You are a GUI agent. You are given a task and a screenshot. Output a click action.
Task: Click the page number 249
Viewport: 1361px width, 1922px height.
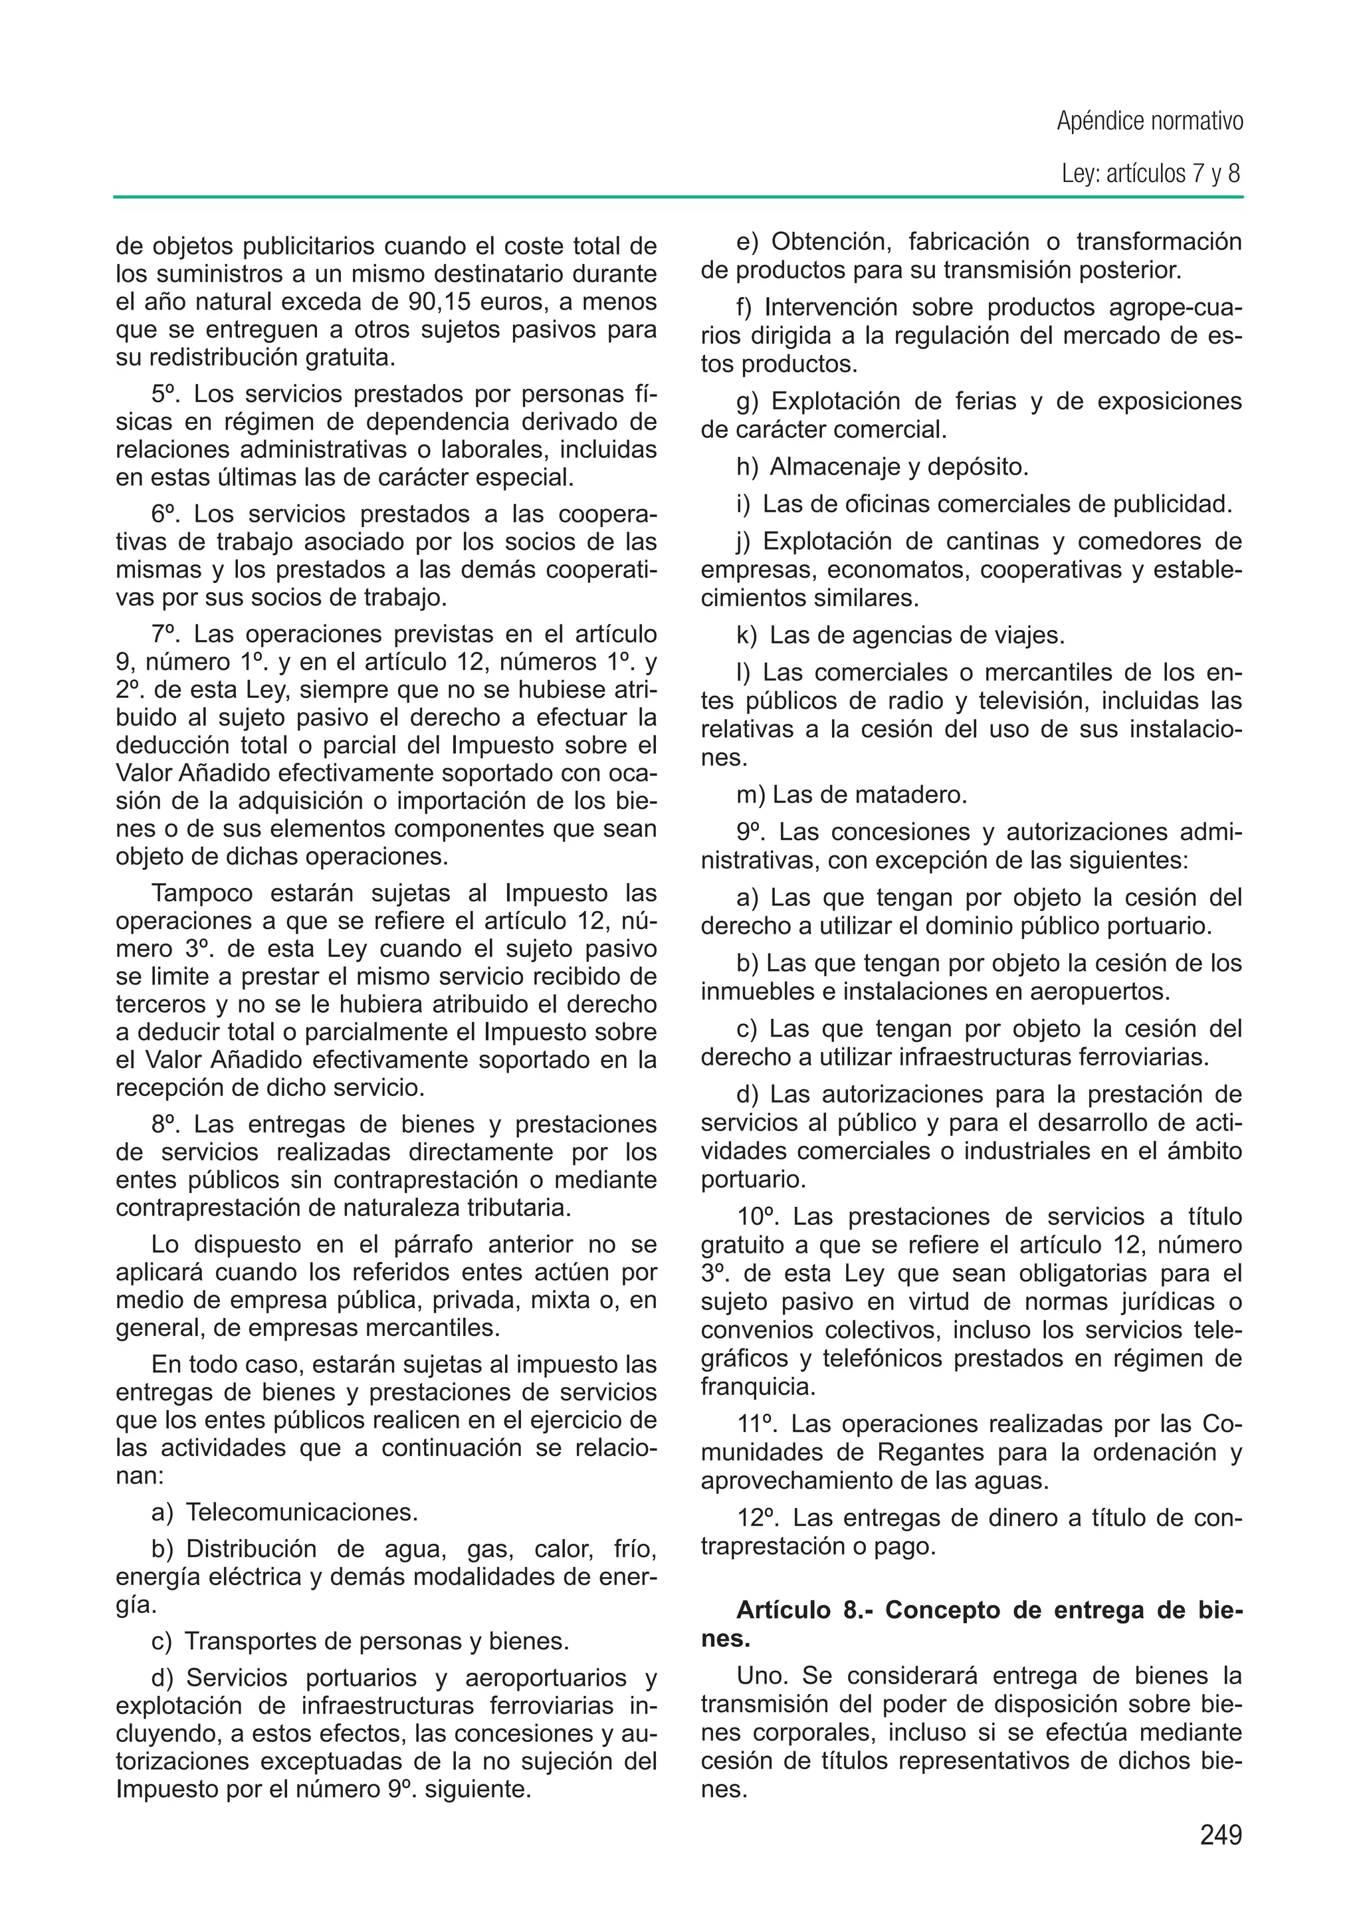point(1220,1835)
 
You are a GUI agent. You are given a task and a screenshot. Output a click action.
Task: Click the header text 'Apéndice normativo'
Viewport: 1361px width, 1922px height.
point(1149,122)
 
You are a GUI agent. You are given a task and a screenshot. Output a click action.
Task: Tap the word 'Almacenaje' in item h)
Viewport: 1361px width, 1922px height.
point(837,467)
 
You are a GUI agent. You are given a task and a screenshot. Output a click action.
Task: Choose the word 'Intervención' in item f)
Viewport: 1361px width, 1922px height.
point(838,308)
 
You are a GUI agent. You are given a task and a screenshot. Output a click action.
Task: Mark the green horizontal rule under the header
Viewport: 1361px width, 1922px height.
point(679,197)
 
